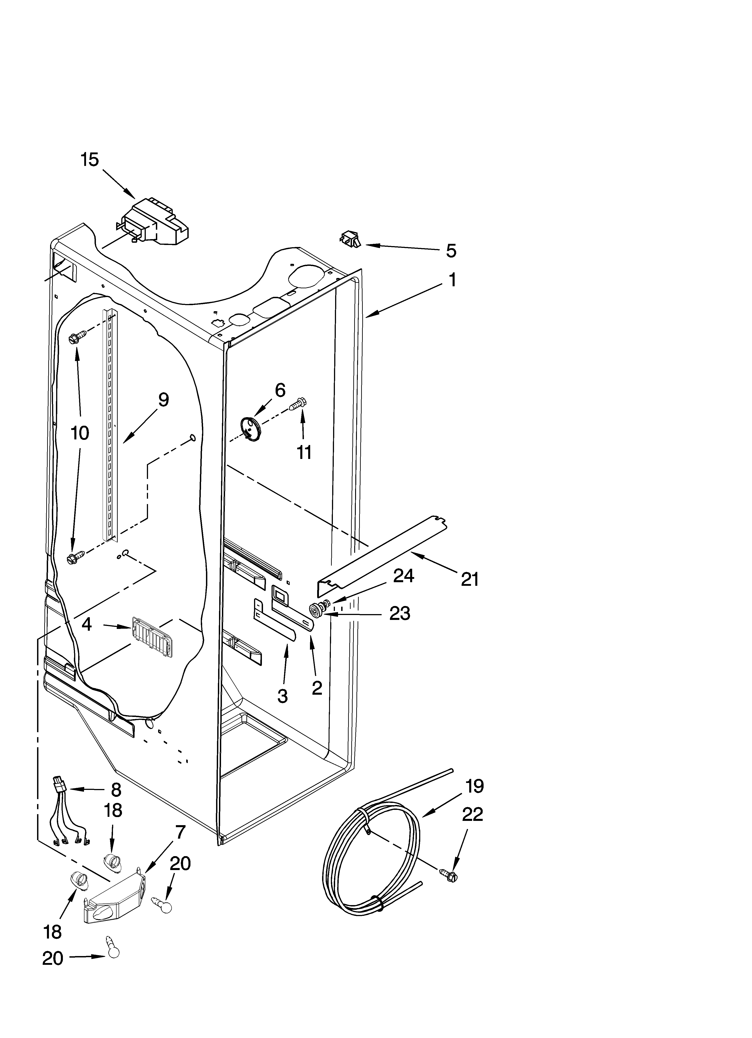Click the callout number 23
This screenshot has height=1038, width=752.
click(x=399, y=613)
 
